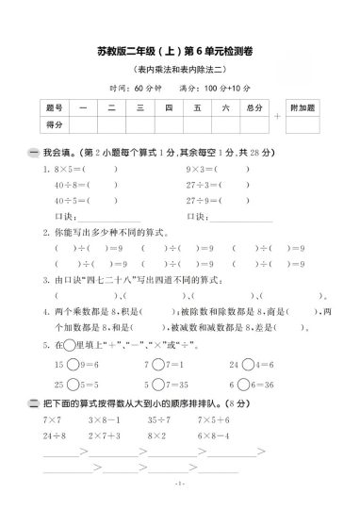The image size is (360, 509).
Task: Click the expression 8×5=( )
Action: tap(70, 170)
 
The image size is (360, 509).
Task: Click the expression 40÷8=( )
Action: tap(70, 185)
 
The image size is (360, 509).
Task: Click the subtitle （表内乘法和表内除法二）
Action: tap(181, 71)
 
